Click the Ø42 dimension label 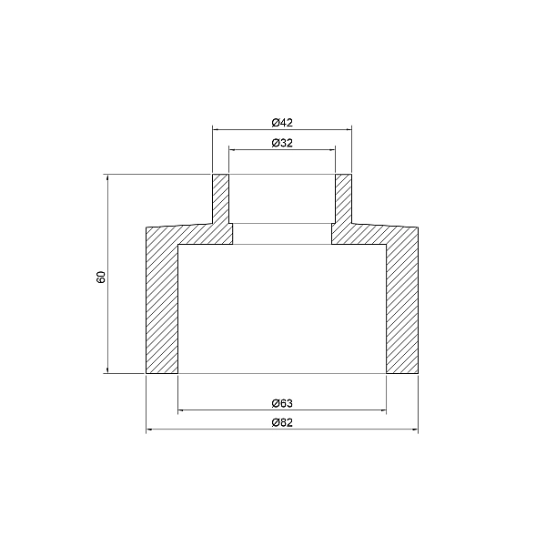point(282,122)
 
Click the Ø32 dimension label point(282,143)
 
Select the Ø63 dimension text point(282,402)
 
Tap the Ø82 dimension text point(282,423)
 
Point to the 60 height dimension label point(101,275)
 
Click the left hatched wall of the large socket point(162,305)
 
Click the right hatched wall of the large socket point(402,305)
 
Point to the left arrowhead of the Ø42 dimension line point(217,130)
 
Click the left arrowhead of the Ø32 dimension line point(232,151)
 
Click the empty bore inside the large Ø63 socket point(282,309)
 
